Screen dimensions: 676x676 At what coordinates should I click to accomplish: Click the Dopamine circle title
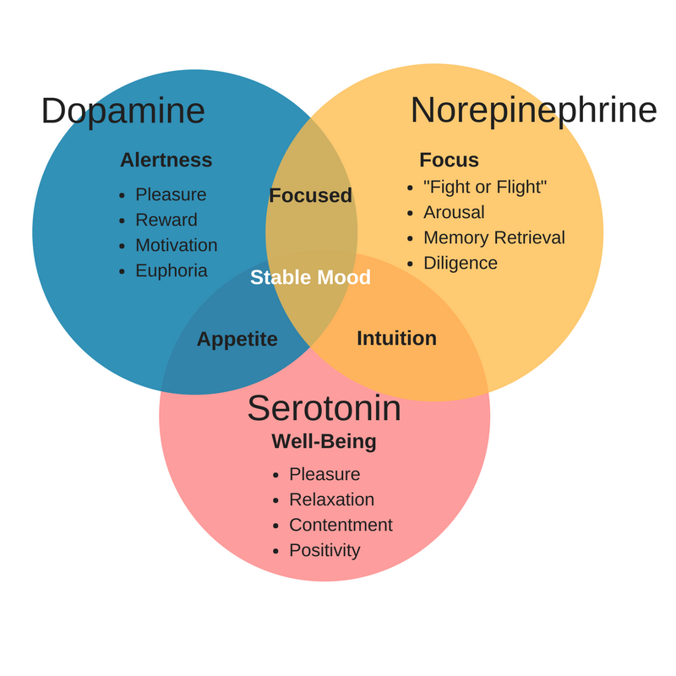tap(123, 111)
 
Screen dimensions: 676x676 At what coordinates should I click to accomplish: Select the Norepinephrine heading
tap(533, 111)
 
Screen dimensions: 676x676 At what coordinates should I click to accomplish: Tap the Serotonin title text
tap(324, 408)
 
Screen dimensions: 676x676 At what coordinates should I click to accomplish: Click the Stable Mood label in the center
tap(310, 277)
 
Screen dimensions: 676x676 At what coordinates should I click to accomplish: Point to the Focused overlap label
tap(310, 195)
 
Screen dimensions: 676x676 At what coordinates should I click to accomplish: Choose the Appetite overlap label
tap(237, 339)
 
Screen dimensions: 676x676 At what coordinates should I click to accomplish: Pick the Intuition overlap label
tap(396, 338)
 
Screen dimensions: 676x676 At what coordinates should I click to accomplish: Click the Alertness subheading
tap(166, 160)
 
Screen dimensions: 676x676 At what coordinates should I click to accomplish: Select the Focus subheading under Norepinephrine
tap(449, 160)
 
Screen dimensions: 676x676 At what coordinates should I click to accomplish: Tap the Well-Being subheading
tap(324, 441)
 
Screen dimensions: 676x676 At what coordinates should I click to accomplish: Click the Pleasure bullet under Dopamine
tap(171, 194)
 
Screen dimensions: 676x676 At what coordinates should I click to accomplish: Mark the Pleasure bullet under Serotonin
tap(324, 474)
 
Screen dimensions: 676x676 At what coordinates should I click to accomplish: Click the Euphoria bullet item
tap(171, 270)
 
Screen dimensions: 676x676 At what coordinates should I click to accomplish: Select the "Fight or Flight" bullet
tap(485, 187)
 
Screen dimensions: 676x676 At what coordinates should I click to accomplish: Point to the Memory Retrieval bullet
tap(493, 237)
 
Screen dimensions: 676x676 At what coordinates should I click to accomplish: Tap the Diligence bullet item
tap(460, 263)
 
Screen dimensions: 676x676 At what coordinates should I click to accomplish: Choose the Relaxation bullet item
tap(331, 499)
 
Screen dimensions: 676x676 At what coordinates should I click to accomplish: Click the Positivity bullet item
tap(324, 550)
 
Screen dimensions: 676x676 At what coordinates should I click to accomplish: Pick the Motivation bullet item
tap(176, 245)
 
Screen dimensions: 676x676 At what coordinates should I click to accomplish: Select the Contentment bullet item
tap(341, 525)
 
